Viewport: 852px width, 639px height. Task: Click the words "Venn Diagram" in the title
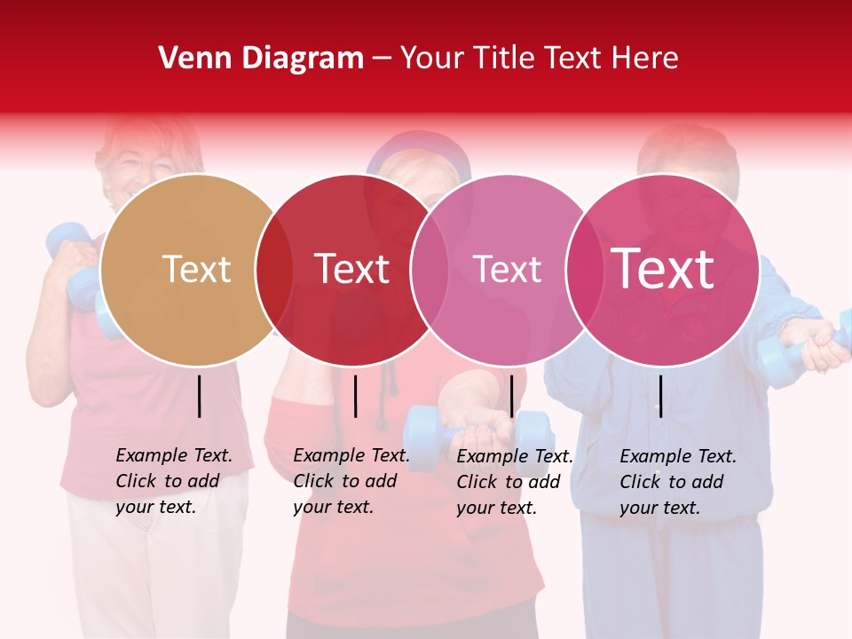click(261, 59)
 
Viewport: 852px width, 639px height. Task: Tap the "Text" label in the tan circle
click(196, 269)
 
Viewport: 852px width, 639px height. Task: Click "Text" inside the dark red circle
click(351, 269)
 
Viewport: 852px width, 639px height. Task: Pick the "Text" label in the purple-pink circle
click(507, 269)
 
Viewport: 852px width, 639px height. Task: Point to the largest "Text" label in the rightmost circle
click(663, 269)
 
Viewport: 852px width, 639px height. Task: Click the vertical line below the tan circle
click(200, 396)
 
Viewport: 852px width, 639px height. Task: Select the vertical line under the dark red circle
click(355, 396)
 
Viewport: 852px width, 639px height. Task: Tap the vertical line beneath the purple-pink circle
click(511, 396)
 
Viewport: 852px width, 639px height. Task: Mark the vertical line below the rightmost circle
click(660, 396)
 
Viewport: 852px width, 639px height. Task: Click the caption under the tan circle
click(174, 481)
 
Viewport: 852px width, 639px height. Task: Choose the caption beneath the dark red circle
click(351, 481)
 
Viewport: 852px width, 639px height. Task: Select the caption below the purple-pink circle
click(515, 482)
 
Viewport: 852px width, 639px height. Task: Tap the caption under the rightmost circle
click(678, 482)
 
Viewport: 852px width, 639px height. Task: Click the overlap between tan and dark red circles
click(274, 270)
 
